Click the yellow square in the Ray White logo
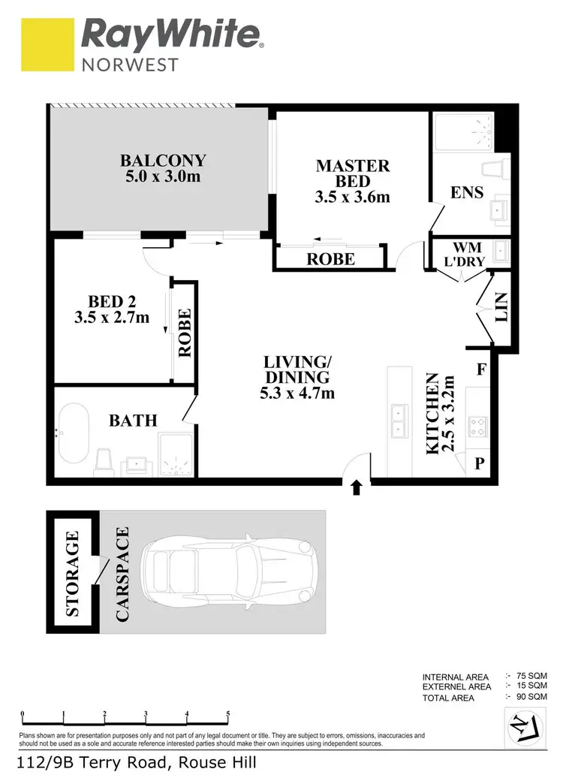[x=47, y=45]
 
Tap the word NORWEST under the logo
[x=130, y=64]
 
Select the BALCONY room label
[x=163, y=161]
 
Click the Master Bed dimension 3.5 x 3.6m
[x=353, y=198]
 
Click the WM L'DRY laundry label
[x=466, y=255]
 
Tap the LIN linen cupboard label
[x=502, y=306]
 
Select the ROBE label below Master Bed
[x=330, y=259]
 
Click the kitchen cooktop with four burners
[x=478, y=427]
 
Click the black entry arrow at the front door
[x=357, y=489]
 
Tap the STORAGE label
[x=73, y=574]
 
